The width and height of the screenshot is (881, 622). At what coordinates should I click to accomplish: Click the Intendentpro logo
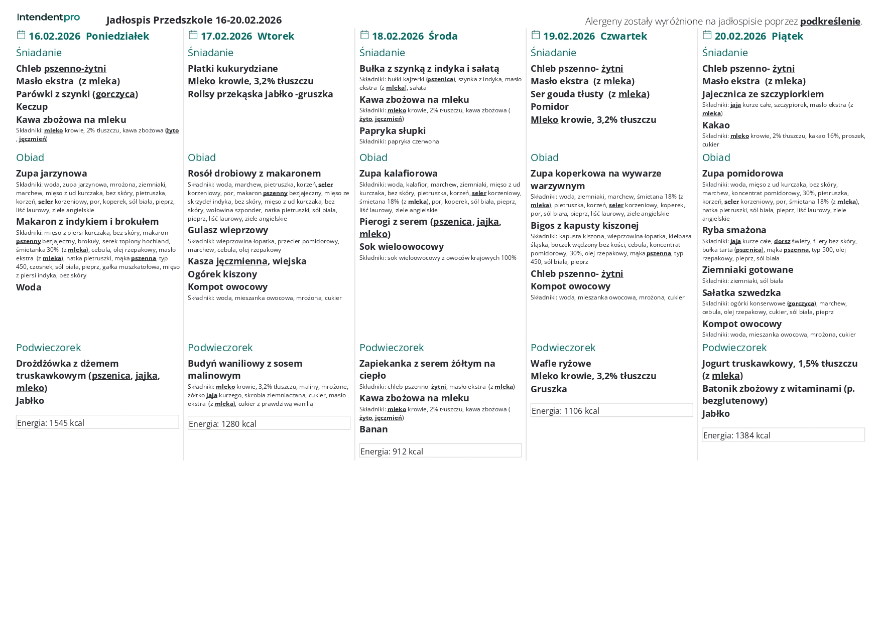(48, 18)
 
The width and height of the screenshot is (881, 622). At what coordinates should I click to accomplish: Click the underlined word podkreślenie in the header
(830, 21)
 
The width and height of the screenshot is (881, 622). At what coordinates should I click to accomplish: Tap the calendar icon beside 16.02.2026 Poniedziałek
(21, 35)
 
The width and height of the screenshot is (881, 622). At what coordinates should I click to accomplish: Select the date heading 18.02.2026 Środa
(414, 36)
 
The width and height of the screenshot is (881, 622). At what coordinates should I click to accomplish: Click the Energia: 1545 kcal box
(97, 422)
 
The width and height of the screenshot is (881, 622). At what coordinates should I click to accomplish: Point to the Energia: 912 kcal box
(440, 451)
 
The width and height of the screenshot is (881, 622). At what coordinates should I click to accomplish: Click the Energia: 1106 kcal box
(611, 410)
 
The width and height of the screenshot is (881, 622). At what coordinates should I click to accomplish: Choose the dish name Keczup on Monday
(32, 107)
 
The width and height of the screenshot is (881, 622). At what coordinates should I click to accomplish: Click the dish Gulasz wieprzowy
(228, 230)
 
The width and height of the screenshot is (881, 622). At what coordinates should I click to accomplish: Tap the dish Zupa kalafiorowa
(398, 174)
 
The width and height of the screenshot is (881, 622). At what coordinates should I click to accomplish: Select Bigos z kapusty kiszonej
(584, 226)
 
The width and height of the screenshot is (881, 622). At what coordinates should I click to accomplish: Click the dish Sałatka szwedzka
(741, 293)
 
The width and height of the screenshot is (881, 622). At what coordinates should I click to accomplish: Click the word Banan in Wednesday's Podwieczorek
(373, 429)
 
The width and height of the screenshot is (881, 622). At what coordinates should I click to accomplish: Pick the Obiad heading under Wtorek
(202, 158)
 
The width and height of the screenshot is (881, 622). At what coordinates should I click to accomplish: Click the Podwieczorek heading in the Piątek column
(734, 348)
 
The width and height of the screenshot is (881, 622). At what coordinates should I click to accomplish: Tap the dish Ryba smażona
(734, 230)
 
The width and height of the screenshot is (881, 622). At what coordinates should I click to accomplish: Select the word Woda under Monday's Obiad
(29, 287)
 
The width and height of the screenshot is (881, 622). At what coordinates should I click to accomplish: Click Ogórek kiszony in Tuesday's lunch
(222, 274)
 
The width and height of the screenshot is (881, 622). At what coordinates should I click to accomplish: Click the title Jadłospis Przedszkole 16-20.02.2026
(194, 20)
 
